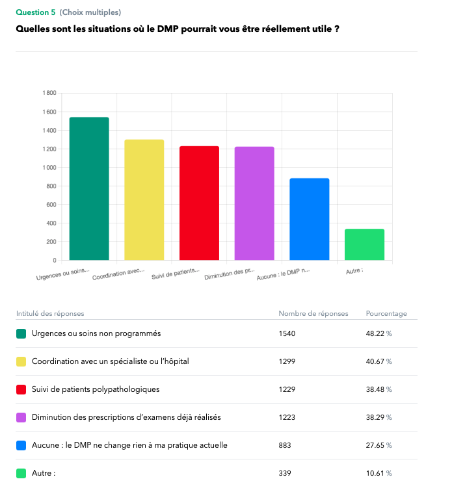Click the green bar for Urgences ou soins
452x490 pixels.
(x=89, y=188)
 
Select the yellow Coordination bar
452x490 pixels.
(x=144, y=200)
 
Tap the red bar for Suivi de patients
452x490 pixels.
(x=199, y=203)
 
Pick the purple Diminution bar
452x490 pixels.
(x=254, y=203)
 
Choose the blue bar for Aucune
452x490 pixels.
(x=310, y=219)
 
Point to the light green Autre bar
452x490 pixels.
(x=364, y=244)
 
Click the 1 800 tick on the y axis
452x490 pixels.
(x=49, y=93)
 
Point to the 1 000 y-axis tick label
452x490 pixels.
(x=49, y=168)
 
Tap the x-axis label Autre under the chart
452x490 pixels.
(x=354, y=270)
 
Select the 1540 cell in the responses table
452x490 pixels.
(x=287, y=333)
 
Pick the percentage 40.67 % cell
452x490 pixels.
(x=379, y=361)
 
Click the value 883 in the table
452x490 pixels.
(x=285, y=445)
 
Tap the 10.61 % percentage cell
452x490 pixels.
(x=379, y=473)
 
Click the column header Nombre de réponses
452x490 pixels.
(x=313, y=313)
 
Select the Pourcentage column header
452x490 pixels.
(x=386, y=313)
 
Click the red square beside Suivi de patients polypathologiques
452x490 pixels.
(x=21, y=389)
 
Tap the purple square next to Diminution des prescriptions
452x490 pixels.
(x=21, y=417)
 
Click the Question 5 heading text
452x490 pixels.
(x=36, y=12)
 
